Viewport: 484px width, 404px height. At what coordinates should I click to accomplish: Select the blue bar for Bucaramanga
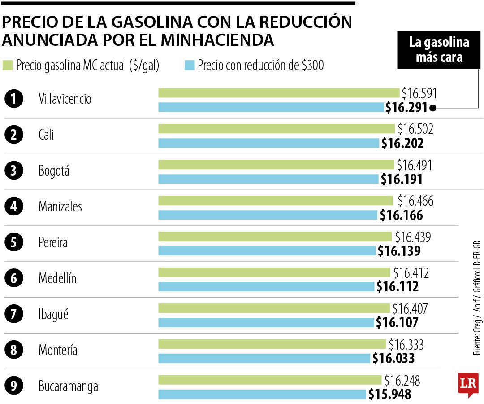(262, 394)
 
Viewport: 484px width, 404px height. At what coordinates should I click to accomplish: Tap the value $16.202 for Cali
(402, 143)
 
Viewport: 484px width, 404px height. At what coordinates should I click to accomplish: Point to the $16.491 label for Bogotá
(414, 165)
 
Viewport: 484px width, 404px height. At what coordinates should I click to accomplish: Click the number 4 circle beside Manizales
(14, 206)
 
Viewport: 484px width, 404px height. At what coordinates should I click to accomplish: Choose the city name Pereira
(53, 242)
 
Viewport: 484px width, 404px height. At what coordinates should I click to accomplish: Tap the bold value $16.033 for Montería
(393, 358)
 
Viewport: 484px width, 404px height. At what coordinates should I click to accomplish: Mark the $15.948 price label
(389, 394)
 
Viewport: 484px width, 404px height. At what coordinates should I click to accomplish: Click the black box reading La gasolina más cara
(438, 50)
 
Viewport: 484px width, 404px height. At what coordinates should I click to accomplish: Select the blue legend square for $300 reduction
(190, 66)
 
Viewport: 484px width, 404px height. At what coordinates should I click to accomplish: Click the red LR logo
(468, 384)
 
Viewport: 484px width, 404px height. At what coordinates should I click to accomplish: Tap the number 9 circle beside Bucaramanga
(14, 386)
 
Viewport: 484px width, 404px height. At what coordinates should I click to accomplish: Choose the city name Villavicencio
(65, 99)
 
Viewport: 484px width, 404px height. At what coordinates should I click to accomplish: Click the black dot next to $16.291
(432, 108)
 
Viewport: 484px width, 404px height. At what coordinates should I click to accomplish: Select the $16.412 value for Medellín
(411, 272)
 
